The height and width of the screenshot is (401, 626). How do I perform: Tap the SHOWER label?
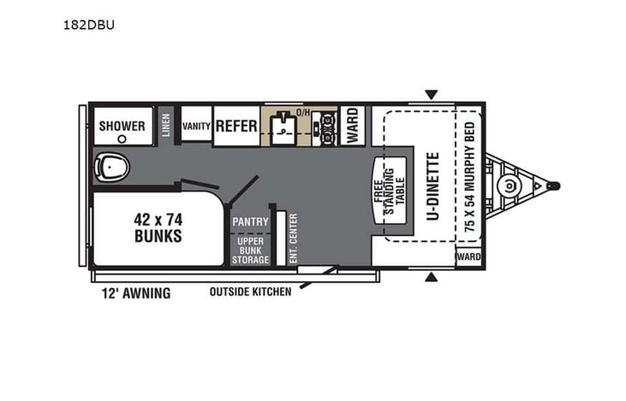[122, 126]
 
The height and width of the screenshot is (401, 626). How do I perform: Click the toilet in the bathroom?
[109, 164]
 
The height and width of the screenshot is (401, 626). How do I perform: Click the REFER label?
[236, 126]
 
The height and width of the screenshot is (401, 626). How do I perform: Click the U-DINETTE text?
[432, 186]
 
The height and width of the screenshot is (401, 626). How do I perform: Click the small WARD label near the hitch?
[468, 257]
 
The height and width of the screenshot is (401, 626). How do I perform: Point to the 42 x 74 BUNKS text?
[158, 227]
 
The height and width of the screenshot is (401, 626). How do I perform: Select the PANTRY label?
[250, 221]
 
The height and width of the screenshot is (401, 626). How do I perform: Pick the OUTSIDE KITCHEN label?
[250, 292]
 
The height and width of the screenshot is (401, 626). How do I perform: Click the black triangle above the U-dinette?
[432, 94]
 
